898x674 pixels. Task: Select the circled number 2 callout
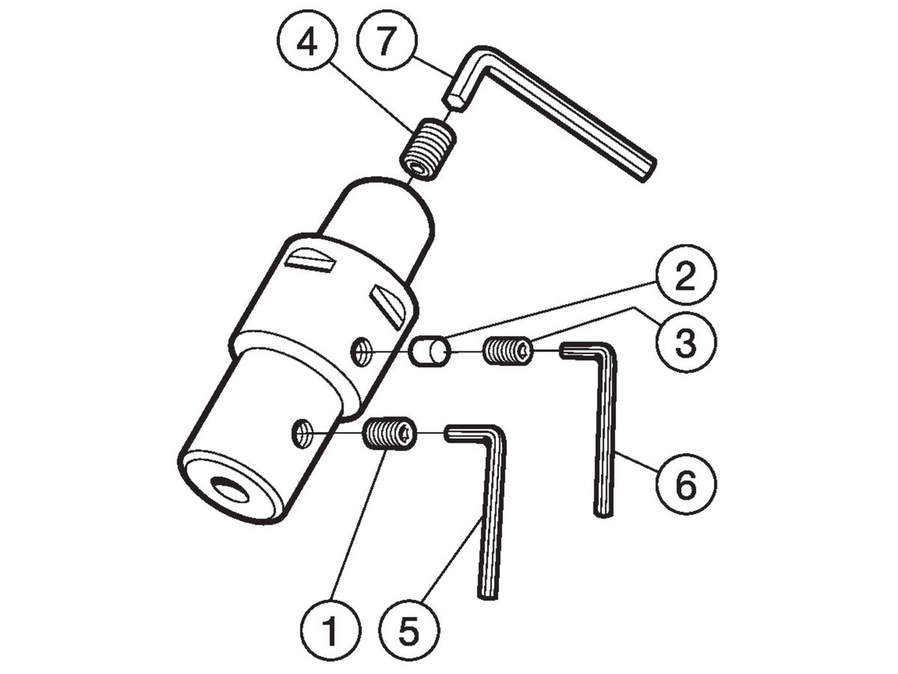coord(686,275)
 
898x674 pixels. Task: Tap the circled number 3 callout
coord(686,341)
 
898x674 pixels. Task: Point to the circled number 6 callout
coord(686,485)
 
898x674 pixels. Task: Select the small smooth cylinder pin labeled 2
coord(430,351)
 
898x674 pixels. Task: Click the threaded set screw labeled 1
coord(390,434)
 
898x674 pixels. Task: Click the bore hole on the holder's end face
coord(230,491)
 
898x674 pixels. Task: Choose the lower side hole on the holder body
coord(302,431)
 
